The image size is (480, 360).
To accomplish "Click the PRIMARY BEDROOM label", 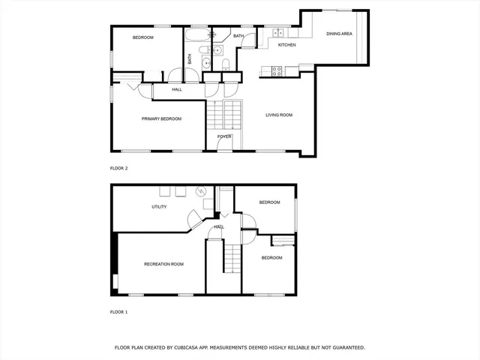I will (162, 118).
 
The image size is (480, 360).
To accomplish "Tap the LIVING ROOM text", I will (279, 115).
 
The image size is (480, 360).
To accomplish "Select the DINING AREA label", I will (339, 34).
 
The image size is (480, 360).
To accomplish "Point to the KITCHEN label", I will (287, 46).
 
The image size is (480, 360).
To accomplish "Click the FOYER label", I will (224, 136).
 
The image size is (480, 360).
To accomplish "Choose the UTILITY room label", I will (159, 207).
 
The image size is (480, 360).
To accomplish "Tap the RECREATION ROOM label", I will (163, 264).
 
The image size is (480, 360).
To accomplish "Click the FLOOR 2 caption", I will (119, 168).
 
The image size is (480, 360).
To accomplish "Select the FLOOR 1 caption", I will (119, 311).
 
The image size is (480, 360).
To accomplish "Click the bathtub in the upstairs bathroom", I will (198, 34).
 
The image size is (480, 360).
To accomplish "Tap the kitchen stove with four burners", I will (276, 71).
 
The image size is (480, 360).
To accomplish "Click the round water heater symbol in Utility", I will (200, 191).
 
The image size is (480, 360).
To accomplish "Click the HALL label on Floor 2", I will (177, 90).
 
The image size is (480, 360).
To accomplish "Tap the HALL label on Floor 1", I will (220, 226).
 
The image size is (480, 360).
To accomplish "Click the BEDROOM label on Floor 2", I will (143, 37).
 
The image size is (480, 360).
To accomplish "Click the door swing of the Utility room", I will (193, 218).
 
